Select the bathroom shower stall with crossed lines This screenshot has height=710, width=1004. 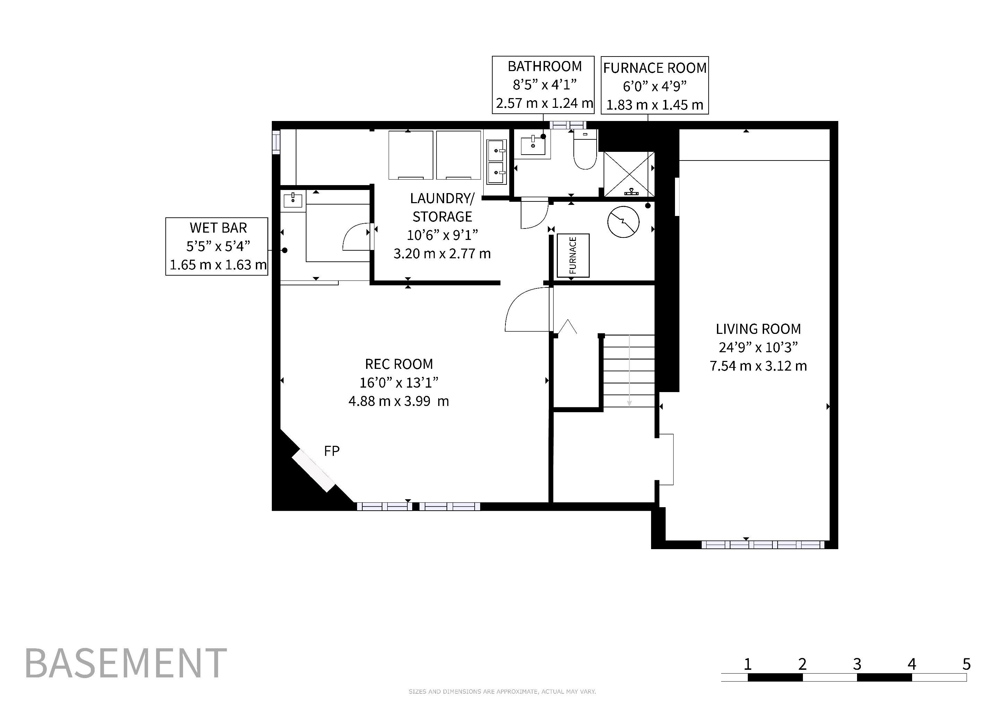click(629, 174)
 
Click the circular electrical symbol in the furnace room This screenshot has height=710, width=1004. click(624, 222)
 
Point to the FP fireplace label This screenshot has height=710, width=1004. click(331, 451)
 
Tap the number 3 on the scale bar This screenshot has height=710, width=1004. click(857, 664)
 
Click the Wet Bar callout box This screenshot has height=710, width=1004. click(217, 246)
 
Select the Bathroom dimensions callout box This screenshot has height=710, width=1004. click(543, 85)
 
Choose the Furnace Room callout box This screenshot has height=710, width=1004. click(655, 85)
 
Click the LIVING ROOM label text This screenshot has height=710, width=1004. click(758, 329)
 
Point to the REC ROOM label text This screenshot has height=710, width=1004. click(399, 364)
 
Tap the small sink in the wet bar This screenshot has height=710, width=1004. click(293, 200)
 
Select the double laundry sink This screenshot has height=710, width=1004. click(497, 162)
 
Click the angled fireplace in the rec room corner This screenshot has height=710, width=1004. click(313, 470)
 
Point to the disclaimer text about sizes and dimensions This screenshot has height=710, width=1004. click(502, 692)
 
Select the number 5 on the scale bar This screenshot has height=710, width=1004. click(967, 664)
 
